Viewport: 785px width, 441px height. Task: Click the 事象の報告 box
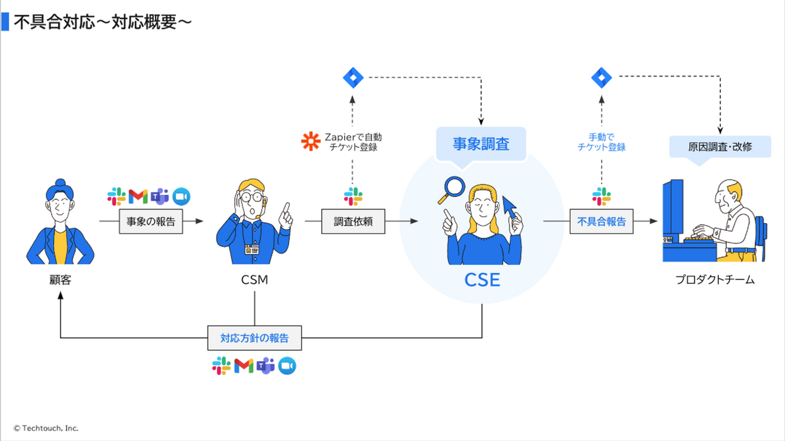coord(150,221)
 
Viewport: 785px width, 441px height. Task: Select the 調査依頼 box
coord(353,221)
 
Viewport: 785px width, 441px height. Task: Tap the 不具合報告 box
coord(601,221)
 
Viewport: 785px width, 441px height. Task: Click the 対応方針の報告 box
coord(254,338)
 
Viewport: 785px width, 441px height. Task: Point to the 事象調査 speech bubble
coord(481,144)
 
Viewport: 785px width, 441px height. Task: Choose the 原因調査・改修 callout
coord(720,147)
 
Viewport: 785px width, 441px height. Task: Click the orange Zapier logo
coord(311,141)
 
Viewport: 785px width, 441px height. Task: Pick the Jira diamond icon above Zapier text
coord(353,77)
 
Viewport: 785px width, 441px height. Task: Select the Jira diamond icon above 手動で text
coord(601,77)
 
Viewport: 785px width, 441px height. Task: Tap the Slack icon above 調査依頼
coord(353,196)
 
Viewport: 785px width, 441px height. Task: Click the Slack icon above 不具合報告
coord(601,196)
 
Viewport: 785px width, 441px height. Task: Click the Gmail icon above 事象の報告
coord(138,197)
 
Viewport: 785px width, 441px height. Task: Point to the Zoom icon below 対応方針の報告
coord(287,366)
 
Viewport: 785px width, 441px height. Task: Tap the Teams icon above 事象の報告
coord(160,196)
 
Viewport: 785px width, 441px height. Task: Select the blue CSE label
coord(482,280)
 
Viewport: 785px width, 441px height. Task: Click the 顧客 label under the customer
coord(60,280)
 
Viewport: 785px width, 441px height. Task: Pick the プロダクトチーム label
coord(715,280)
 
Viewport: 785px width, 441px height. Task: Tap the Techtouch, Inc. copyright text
coord(46,428)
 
